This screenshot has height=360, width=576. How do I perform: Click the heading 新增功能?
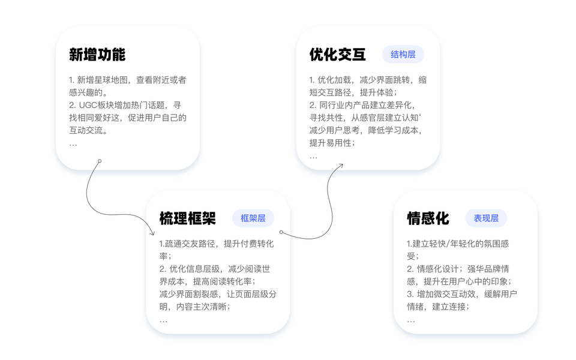pos(97,55)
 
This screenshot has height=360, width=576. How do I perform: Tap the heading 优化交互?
pos(338,55)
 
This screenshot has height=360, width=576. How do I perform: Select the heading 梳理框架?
pos(187,218)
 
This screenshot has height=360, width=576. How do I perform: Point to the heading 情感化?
pos(428,218)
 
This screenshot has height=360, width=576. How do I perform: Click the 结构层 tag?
pos(403,55)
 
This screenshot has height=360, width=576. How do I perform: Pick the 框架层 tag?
pos(253,218)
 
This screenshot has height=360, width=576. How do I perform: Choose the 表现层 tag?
pos(486,218)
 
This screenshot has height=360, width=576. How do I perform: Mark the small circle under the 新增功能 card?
pos(100,161)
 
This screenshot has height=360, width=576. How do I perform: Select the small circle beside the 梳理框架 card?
pos(281,232)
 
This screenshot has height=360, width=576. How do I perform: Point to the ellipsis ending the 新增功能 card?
pos(73,144)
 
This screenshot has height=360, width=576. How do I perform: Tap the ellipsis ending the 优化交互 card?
pos(313,157)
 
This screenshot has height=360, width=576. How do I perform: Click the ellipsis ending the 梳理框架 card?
pos(163,320)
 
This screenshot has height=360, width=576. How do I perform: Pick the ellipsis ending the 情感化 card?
pos(410,320)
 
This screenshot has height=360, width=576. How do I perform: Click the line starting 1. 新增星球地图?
pos(127,80)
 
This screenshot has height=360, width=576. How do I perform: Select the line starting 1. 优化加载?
pos(368,80)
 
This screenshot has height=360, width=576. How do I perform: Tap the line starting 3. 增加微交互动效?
pos(462,294)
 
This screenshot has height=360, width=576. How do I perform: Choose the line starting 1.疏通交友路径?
pos(217,244)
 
